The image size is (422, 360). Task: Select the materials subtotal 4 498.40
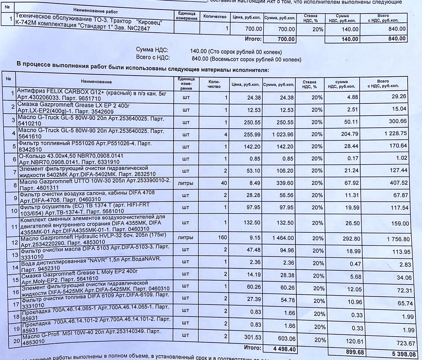(x=285, y=349)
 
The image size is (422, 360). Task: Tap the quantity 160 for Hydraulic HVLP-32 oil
(x=222, y=238)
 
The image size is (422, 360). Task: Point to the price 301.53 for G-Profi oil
(x=252, y=337)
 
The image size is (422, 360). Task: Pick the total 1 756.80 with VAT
(x=398, y=239)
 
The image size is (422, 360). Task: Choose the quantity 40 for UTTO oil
(x=224, y=183)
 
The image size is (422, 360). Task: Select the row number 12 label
(x=14, y=242)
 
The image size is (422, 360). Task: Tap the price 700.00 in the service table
(x=253, y=29)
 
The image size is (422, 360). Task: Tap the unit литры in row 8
(x=186, y=183)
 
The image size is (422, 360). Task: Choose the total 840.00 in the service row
(x=397, y=29)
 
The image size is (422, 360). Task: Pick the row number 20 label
(x=16, y=341)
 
